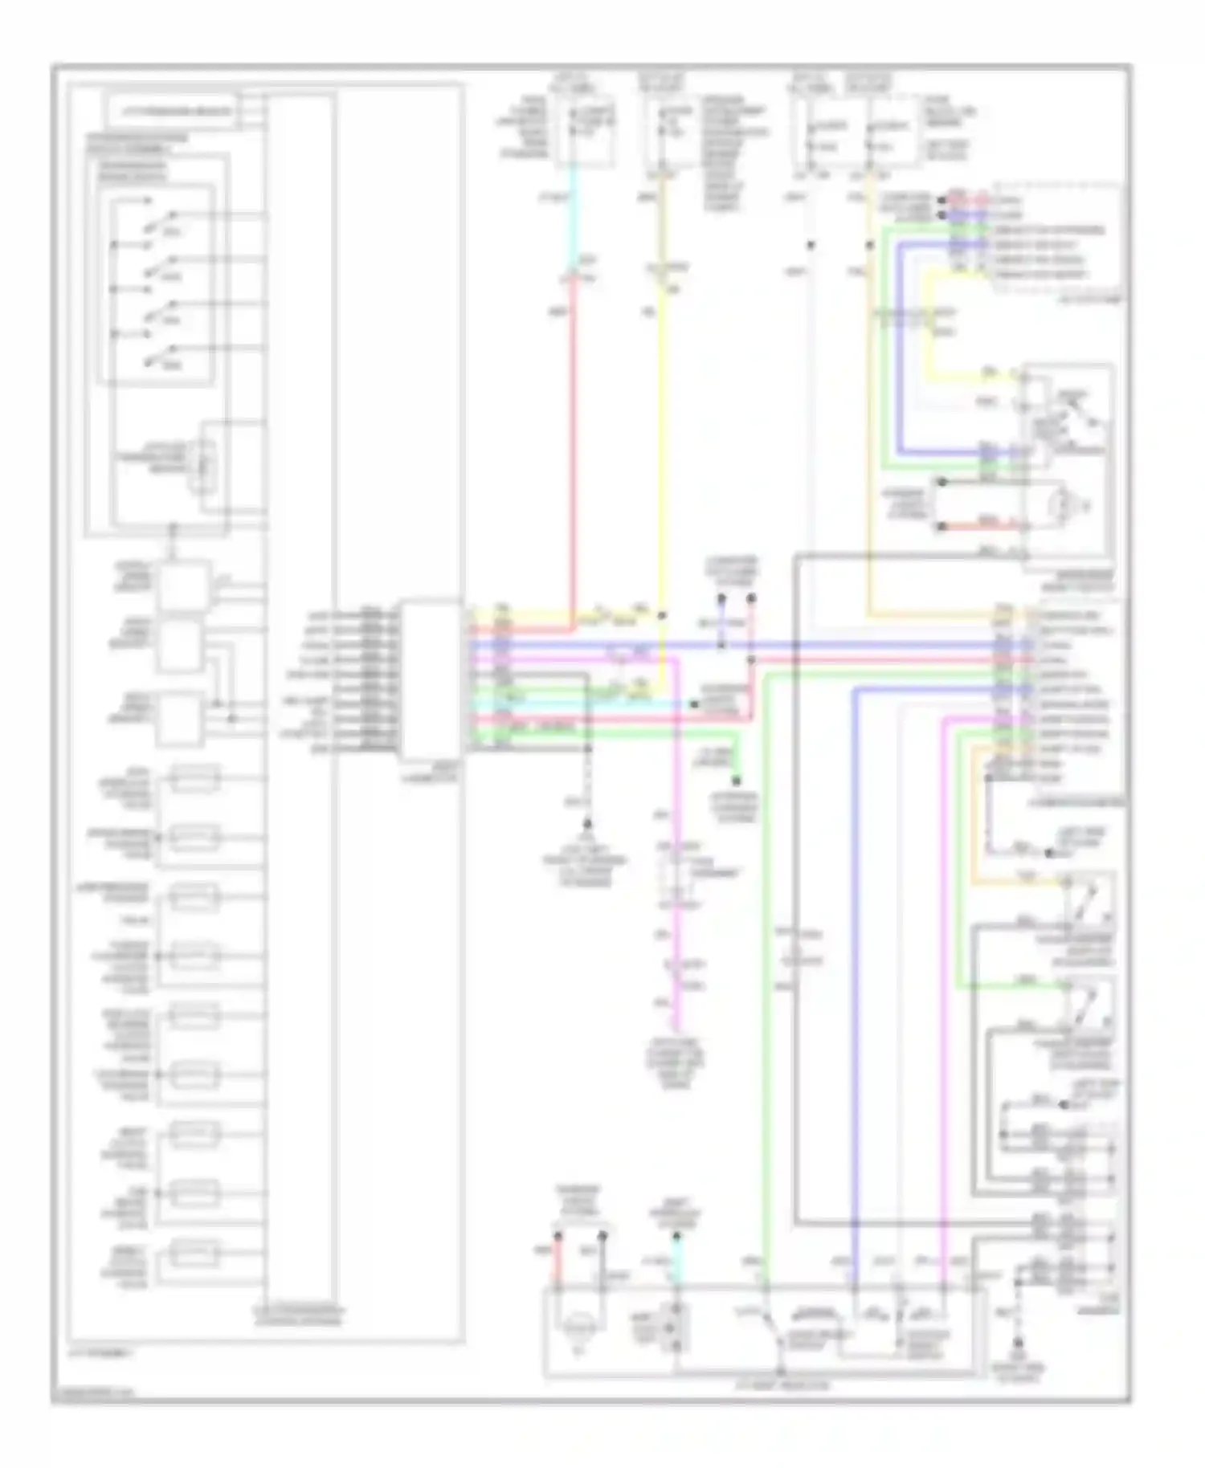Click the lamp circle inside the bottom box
[576, 1330]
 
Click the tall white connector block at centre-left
[431, 679]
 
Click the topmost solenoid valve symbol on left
[193, 778]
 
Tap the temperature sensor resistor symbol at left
[203, 465]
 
